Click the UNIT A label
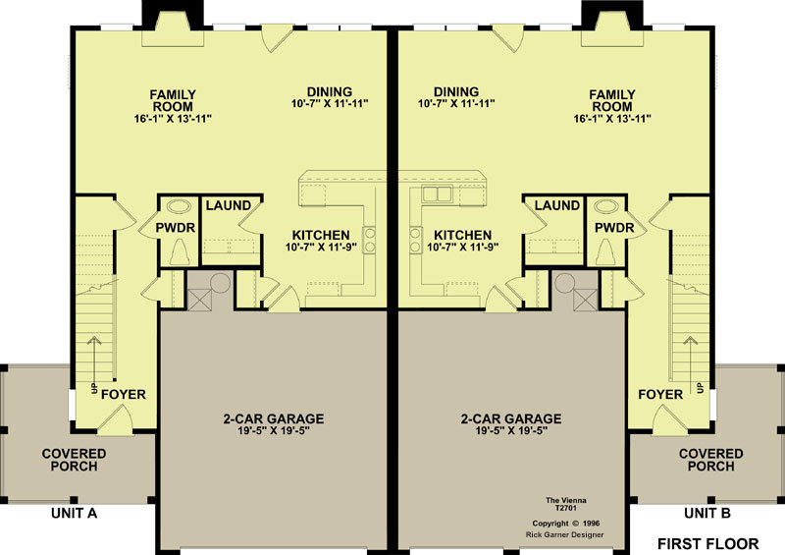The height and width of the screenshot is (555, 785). point(75,514)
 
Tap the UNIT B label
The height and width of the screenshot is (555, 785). point(707,514)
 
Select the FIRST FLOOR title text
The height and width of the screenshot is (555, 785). point(707,543)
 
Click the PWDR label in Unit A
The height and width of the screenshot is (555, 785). point(176,228)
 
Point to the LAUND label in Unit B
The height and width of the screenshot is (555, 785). point(556,205)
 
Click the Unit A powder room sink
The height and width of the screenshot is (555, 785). point(179,206)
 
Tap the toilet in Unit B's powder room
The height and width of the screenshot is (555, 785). point(605,251)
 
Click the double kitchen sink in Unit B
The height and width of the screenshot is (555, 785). point(437,194)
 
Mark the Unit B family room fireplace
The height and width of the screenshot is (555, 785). point(611,26)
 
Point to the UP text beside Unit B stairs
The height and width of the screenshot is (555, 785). point(701,388)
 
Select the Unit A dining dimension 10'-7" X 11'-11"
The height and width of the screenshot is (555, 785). point(330,104)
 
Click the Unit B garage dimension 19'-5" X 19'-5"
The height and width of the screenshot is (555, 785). point(511,431)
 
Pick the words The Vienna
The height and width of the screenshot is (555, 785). point(566,500)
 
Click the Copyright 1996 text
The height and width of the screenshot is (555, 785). point(566,524)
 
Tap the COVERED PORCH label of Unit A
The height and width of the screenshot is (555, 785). point(75,460)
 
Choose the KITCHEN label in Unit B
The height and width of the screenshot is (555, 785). point(462,235)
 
